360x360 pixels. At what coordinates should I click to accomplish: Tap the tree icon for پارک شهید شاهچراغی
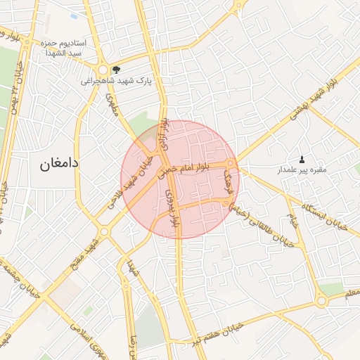coord(116,69)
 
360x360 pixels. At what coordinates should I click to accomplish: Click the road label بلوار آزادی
coord(165,136)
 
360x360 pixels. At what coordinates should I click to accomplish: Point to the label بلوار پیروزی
coord(170,207)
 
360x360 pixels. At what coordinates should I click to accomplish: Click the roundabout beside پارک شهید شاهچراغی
coord(103,70)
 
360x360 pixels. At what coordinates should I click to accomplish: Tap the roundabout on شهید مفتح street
coord(104,231)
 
